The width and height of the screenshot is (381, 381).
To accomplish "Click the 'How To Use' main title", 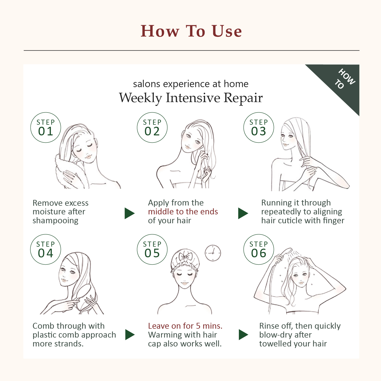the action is pos(191,31).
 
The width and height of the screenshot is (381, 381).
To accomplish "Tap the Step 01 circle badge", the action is pos(46,128).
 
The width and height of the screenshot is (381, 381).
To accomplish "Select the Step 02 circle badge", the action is pos(152,128).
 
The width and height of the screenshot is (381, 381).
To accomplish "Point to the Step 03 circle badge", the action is pos(259,128).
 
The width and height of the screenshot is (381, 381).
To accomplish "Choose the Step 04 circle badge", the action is pos(46,249).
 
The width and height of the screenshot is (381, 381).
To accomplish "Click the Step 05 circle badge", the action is pos(152,249).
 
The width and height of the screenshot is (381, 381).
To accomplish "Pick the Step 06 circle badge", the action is pos(259,249).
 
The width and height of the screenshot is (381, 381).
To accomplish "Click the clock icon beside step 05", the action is pos(213,253).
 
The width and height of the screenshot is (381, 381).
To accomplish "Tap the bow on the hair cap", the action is pos(186,257).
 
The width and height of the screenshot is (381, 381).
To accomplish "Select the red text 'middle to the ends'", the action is pos(183,212).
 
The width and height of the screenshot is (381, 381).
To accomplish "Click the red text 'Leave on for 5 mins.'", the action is pos(185,326).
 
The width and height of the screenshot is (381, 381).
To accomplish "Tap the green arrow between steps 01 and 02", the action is pos(129,213).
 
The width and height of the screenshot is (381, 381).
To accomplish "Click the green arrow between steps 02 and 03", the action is pos(243,213).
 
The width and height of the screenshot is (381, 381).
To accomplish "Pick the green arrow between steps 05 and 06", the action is pos(243,335).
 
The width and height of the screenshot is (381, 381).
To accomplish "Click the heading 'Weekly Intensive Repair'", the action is pos(191,98).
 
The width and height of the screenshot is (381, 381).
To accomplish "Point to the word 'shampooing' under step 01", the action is pos(55,221).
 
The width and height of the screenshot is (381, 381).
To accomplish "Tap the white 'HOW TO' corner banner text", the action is pos(345,79).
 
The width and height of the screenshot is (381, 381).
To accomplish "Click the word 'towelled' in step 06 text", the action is pos(275,344).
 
